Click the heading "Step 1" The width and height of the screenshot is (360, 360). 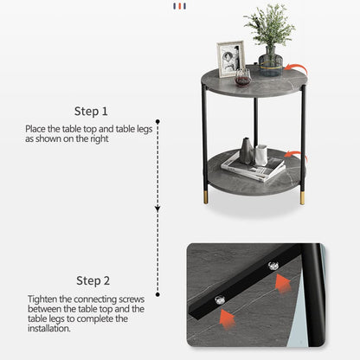[x=91, y=111]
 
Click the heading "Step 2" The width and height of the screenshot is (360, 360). [x=93, y=280]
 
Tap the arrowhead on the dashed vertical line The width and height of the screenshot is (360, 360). [x=157, y=208]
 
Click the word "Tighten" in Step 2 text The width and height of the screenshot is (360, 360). [x=42, y=299]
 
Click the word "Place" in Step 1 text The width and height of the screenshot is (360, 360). [x=35, y=129]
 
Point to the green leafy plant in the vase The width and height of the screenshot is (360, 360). [x=269, y=24]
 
